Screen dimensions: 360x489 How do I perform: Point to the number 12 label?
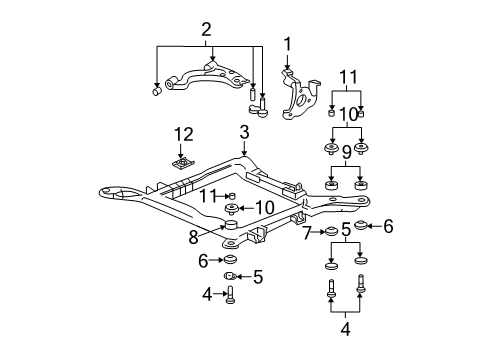(180, 134)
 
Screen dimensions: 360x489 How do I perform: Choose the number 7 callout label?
(307, 233)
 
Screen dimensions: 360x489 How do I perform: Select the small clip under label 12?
(181, 162)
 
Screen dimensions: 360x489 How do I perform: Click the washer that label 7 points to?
(326, 233)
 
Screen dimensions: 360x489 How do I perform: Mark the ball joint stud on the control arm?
(262, 106)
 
